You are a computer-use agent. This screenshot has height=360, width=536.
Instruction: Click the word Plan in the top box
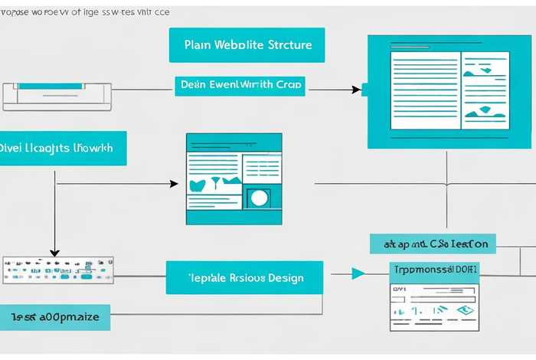195,45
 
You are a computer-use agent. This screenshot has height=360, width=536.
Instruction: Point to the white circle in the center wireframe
259,198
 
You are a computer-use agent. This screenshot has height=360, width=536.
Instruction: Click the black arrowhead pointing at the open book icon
356,90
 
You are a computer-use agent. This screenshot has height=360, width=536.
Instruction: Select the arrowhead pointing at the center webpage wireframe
174,184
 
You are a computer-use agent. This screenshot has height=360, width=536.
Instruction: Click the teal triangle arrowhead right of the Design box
358,273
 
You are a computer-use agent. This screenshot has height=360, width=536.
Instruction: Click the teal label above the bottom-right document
433,244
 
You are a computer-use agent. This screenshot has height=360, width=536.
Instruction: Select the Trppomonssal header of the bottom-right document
433,270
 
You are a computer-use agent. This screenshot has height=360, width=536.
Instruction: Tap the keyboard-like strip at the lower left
58,269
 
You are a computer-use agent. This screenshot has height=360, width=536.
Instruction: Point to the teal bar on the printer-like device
58,85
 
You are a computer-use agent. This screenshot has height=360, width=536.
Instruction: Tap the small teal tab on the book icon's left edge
365,89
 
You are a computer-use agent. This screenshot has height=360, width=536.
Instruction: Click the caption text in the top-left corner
86,12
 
